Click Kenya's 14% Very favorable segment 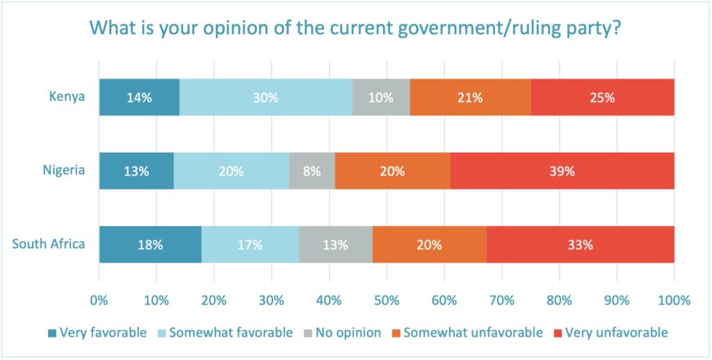tap(139, 97)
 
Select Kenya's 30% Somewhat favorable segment tap(266, 97)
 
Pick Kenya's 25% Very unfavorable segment tap(603, 97)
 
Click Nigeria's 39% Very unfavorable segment tap(562, 171)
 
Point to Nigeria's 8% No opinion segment tap(311, 171)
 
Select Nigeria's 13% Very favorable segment tap(136, 171)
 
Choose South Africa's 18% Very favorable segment tap(150, 245)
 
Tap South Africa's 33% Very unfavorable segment tap(580, 245)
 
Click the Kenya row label tap(67, 97)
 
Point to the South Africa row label tap(49, 244)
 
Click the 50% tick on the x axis tap(387, 301)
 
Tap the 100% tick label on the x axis tap(673, 301)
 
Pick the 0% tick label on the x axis tap(99, 301)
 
